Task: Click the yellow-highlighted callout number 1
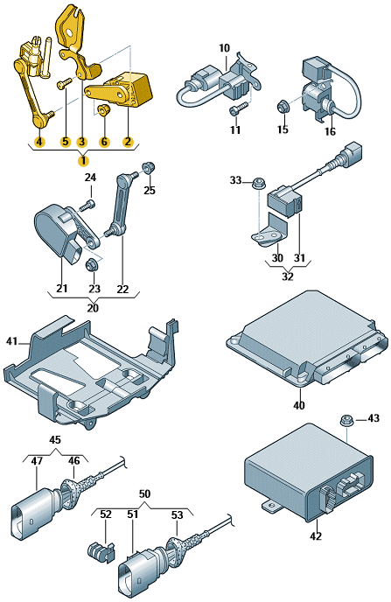pos(83,160)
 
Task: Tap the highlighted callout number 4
pos(39,142)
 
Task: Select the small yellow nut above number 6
pos(103,110)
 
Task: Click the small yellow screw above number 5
pos(64,83)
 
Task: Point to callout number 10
pos(225,48)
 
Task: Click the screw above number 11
pos(237,108)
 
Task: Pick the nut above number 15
pos(283,106)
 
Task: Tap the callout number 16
pos(330,131)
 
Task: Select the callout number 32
pos(288,276)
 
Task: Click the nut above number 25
pos(149,168)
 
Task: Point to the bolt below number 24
pos(87,206)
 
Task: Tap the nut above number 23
pos(92,264)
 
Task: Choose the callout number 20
pos(93,308)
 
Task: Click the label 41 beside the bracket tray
pos(12,341)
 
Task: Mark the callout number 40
pos(299,405)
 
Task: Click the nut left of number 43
pos(346,420)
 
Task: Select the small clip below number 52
pos(101,551)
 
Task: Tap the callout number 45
pos(55,439)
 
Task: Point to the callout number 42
pos(316,536)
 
